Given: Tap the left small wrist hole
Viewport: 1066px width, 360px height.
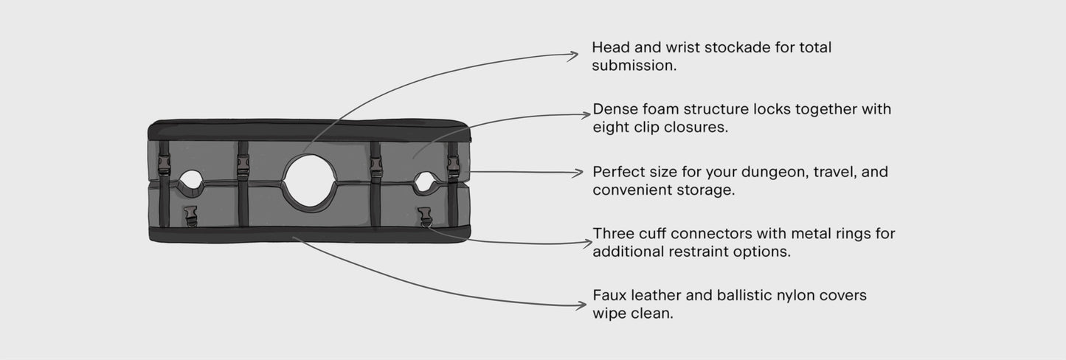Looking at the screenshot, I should pos(191,180).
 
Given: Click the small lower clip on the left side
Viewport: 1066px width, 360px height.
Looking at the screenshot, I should pos(191,216).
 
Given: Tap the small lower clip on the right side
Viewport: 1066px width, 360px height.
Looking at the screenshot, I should pos(424,215).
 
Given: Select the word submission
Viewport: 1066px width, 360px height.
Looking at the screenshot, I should pos(634,66).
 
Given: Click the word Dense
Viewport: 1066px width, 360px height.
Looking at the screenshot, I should pos(614,110).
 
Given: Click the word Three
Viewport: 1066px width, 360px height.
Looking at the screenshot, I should pos(612,234).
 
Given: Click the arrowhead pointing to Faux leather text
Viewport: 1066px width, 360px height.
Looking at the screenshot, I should pos(581,305).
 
